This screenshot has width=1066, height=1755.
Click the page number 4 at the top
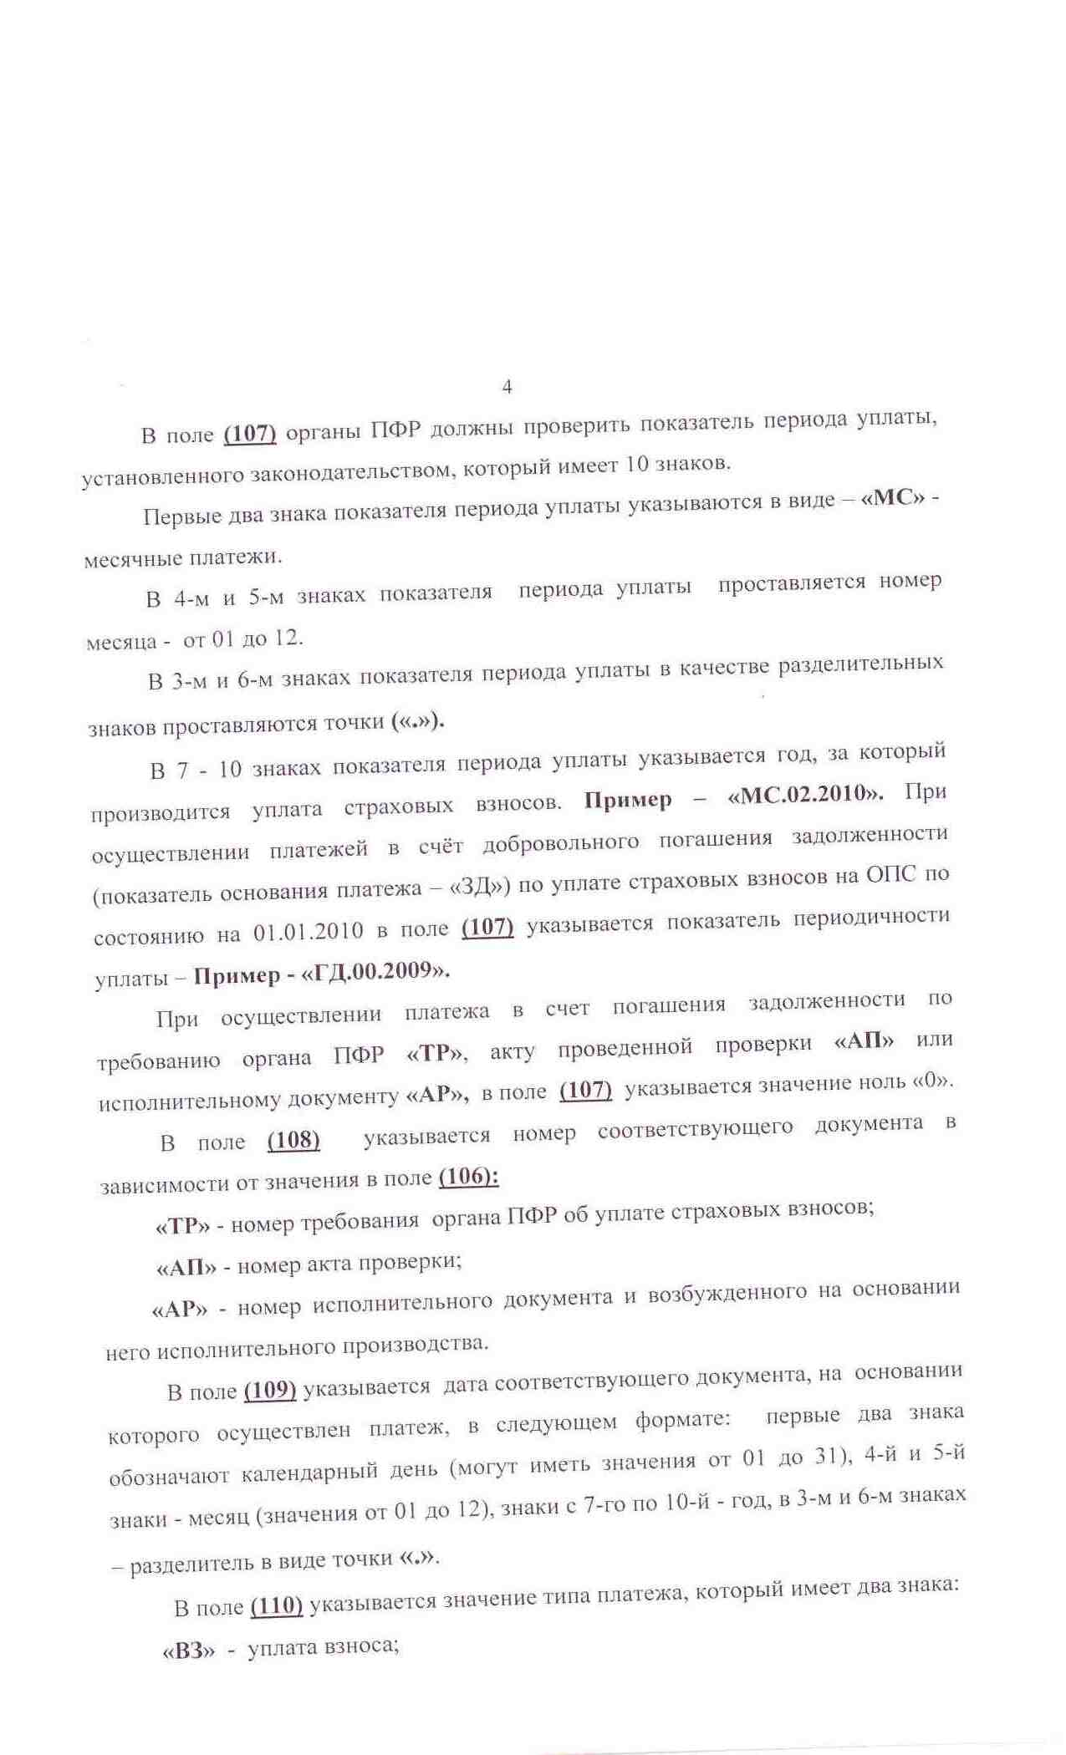507,386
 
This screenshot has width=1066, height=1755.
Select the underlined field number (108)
293,1140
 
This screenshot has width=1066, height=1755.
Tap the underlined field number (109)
270,1390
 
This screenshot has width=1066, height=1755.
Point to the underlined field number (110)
276,1605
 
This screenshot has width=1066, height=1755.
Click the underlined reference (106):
468,1177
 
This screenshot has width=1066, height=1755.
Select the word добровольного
560,843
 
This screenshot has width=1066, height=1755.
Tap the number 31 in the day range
827,1457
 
